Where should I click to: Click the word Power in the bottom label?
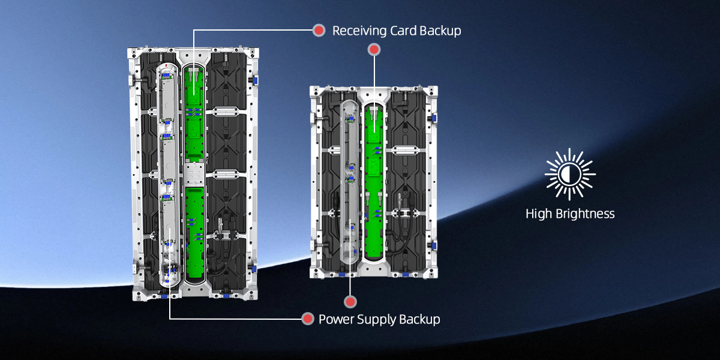pos(337,319)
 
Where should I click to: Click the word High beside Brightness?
pos(539,214)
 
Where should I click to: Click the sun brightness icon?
pos(570,174)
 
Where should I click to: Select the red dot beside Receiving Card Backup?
pos(319,31)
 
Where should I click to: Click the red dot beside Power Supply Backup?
pos(308,319)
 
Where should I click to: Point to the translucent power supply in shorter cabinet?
pos(350,180)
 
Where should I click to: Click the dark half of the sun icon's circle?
pos(574,174)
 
